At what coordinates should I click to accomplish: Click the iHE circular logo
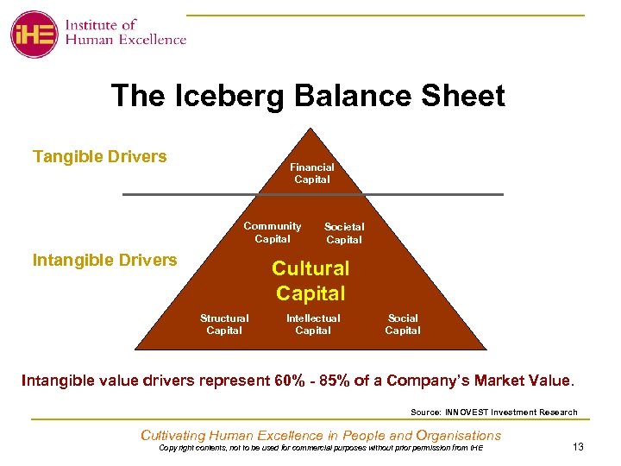(x=34, y=35)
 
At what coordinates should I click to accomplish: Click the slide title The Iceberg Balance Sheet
(x=308, y=96)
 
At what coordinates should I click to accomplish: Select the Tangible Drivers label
(x=99, y=156)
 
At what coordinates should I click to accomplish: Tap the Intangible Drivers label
(x=104, y=260)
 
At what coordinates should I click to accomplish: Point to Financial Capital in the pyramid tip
(x=311, y=173)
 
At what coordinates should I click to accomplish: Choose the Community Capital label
(x=273, y=232)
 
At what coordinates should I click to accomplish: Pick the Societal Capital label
(x=344, y=233)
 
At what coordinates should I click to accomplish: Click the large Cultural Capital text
(x=310, y=280)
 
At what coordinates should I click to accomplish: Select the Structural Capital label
(x=224, y=324)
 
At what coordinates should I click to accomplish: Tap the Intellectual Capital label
(x=313, y=324)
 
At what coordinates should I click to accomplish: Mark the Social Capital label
(x=403, y=324)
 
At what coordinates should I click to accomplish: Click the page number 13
(x=579, y=445)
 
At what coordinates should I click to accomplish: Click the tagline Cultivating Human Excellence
(x=321, y=435)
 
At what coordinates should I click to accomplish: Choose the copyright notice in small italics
(x=321, y=448)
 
